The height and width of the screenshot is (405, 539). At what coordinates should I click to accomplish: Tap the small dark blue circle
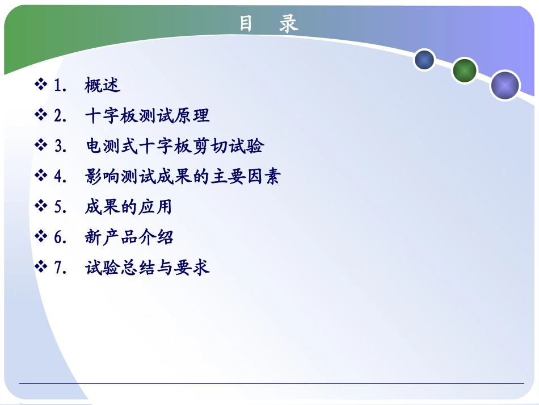point(424,60)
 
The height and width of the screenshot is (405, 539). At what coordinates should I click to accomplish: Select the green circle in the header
point(465,70)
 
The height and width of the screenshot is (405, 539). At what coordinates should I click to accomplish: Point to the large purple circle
point(504,86)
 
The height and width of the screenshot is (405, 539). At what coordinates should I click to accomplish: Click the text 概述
point(103,85)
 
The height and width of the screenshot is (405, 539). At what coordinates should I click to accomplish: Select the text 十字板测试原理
point(147,116)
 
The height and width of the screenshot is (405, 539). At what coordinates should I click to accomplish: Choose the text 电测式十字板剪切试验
point(174,146)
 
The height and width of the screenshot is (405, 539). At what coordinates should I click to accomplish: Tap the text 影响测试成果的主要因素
point(182,177)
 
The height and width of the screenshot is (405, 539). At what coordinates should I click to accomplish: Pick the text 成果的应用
point(128,207)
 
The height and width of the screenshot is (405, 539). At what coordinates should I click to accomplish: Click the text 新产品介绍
point(129,237)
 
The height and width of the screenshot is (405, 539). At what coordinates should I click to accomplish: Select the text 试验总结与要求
point(147,267)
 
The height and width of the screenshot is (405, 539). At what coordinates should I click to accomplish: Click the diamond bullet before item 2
point(41,116)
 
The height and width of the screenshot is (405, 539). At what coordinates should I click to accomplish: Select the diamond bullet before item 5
point(41,207)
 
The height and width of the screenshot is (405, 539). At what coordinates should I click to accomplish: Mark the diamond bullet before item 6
point(41,237)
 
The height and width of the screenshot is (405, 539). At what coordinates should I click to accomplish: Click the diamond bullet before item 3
point(41,146)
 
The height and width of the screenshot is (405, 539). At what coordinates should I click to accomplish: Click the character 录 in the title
point(289,23)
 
